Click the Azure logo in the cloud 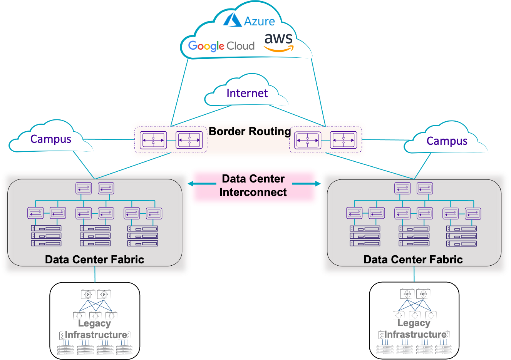point(250,20)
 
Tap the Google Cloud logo point(221,46)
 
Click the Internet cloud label point(247,93)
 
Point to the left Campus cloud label point(51,139)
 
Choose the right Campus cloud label point(447,141)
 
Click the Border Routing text point(250,131)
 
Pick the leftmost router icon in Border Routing point(153,140)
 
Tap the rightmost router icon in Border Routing point(343,140)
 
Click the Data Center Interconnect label point(253,185)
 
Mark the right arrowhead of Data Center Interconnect point(317,184)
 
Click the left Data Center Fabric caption point(94,260)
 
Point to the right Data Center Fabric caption point(413,260)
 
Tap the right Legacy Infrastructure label point(415,329)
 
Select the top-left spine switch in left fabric point(84,188)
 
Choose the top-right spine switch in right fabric point(425,188)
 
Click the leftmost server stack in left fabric point(46,236)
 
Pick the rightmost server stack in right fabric point(461,236)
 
